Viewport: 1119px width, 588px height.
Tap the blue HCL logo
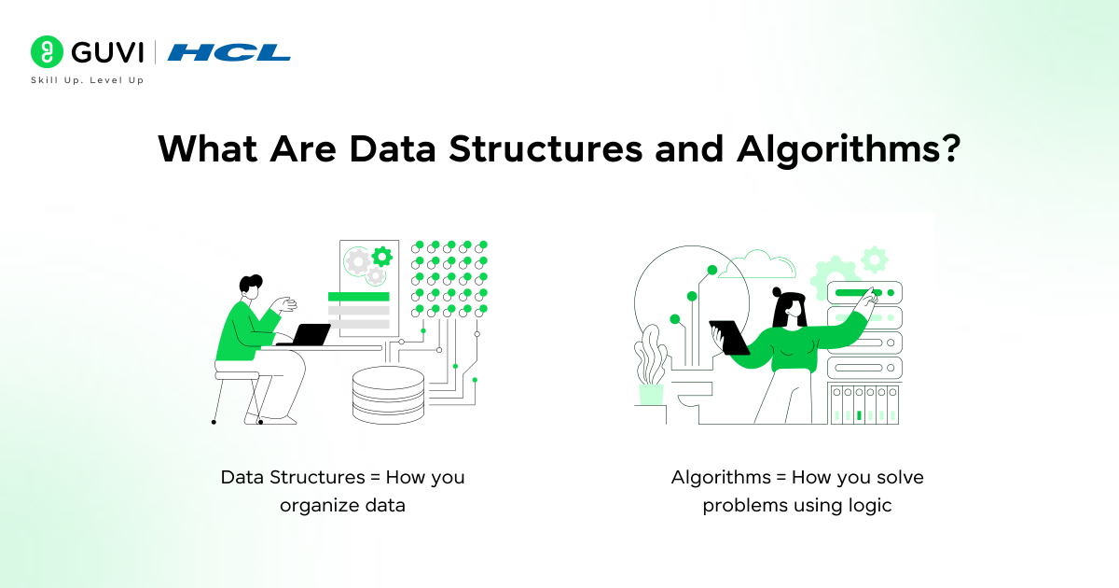(x=229, y=52)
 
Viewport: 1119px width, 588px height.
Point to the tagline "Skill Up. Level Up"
(x=88, y=81)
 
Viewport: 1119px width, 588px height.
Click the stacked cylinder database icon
(x=388, y=395)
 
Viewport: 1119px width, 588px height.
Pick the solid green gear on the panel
(x=381, y=256)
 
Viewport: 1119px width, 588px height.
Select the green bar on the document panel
(x=358, y=297)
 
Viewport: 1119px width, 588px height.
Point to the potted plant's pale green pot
(x=650, y=394)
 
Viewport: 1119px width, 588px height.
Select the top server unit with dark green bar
(x=864, y=293)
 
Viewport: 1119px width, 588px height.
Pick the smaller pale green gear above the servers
(x=874, y=259)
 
